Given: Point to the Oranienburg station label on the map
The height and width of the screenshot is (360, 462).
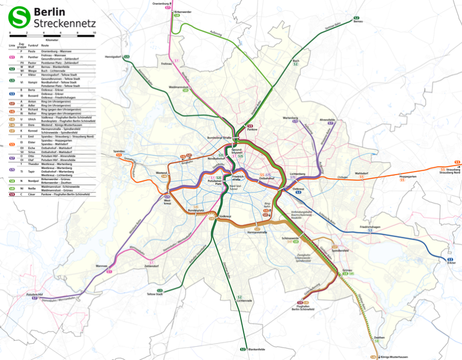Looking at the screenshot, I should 161,3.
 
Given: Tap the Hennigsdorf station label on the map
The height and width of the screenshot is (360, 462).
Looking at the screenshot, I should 113,57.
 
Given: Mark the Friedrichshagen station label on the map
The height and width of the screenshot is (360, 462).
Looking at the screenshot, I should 371,227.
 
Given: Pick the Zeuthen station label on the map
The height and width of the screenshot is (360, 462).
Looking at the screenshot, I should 379,338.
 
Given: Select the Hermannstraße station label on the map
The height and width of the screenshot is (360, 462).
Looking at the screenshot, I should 257,232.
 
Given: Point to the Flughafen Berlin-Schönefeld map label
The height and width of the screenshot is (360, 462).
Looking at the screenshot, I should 303,308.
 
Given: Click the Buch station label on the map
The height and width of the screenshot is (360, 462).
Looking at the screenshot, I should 295,60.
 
